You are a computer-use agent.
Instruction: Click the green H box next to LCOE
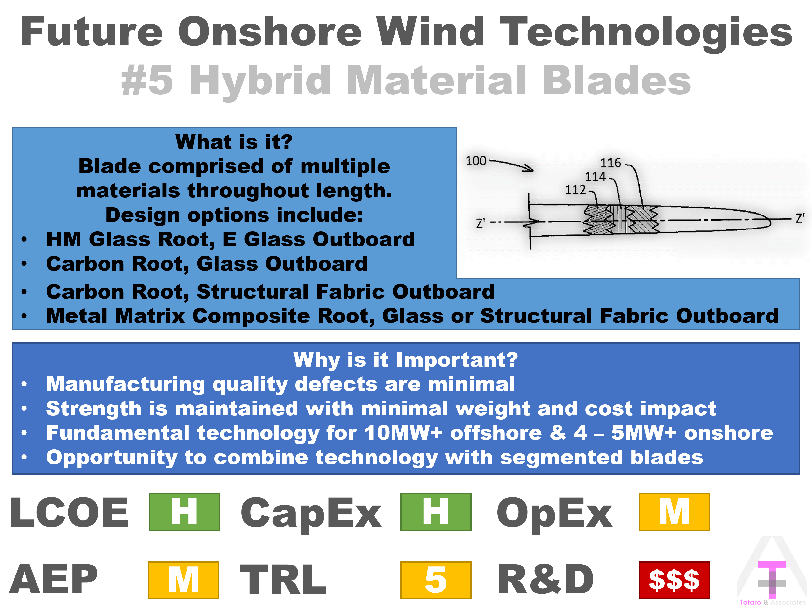184,512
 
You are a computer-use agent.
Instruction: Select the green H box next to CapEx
436,512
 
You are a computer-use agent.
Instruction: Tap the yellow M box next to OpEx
674,512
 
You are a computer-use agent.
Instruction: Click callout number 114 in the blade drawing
595,177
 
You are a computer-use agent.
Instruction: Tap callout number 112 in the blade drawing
575,190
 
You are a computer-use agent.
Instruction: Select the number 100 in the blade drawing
476,161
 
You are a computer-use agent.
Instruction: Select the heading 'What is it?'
234,142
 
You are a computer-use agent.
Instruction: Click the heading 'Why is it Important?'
406,360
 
